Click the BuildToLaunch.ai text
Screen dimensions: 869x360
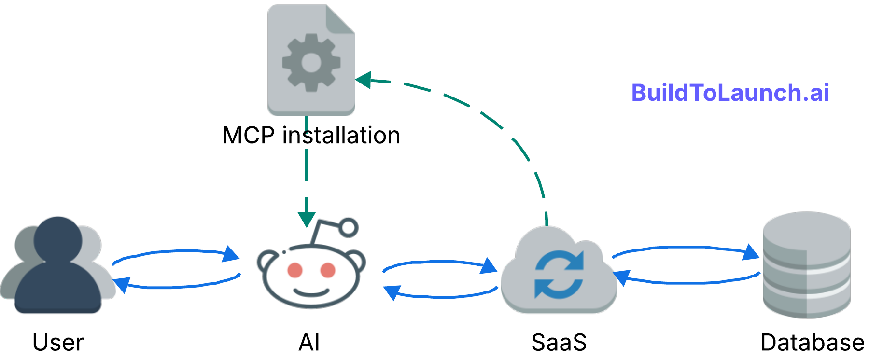click(730, 93)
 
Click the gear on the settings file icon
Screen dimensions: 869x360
click(311, 63)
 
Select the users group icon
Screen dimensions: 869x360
click(58, 265)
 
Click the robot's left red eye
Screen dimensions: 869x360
click(295, 270)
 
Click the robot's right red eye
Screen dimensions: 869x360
click(328, 270)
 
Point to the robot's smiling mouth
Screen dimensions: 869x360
click(311, 291)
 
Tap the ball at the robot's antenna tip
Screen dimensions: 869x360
click(348, 227)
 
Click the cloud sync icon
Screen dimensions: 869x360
click(559, 273)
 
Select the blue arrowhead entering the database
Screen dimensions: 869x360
click(751, 252)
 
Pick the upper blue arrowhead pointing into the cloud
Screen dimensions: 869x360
click(489, 265)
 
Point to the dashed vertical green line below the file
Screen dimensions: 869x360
click(307, 164)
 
